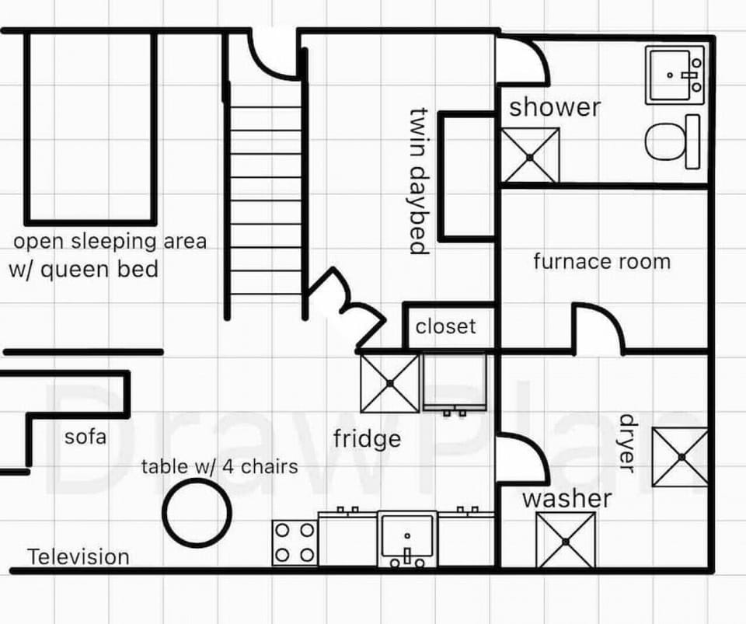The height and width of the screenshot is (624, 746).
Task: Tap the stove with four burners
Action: click(x=295, y=542)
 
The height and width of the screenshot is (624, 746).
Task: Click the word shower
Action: click(x=555, y=107)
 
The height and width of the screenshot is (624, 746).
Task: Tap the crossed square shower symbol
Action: click(x=530, y=155)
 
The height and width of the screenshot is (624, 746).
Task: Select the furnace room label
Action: click(x=601, y=261)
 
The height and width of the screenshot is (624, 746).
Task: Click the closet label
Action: click(x=445, y=326)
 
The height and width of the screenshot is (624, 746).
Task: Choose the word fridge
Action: click(x=367, y=439)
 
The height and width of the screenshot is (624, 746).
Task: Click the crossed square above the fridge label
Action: click(x=390, y=383)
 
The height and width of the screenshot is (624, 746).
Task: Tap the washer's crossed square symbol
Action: click(x=566, y=540)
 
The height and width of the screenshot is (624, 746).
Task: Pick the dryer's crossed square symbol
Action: click(x=679, y=457)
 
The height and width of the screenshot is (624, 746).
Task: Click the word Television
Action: click(x=78, y=557)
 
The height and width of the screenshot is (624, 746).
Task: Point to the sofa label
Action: click(x=85, y=436)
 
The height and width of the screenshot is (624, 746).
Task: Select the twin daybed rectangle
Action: click(x=467, y=176)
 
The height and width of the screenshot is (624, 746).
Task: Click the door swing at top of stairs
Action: click(x=272, y=54)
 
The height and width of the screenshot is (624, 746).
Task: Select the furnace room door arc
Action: click(x=598, y=326)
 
